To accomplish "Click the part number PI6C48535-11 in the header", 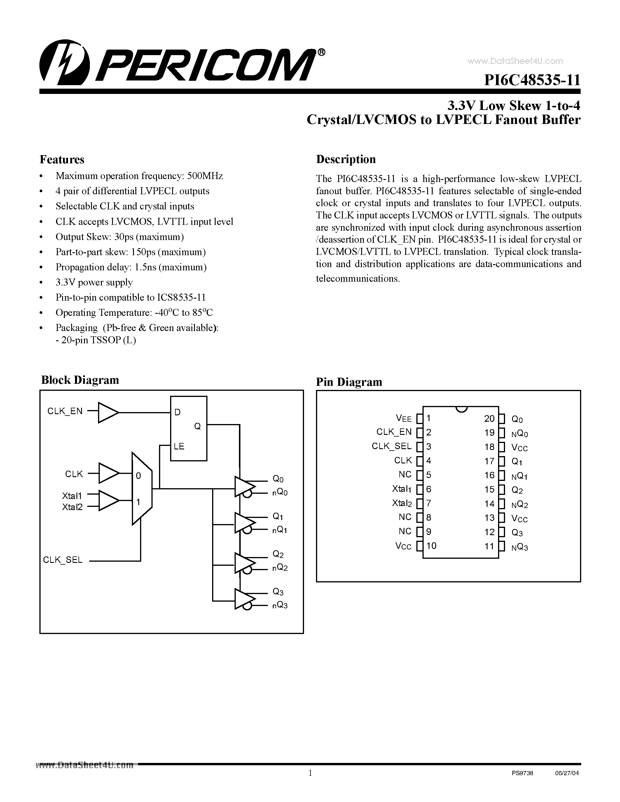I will (532, 80).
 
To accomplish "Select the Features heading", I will (62, 159).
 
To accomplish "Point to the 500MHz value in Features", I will (205, 176).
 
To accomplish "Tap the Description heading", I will (346, 159).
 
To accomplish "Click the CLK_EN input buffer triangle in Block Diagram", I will (108, 412).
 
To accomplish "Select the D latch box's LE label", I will (179, 446).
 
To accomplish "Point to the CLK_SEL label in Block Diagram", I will (63, 560).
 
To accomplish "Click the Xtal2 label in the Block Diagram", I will (72, 507).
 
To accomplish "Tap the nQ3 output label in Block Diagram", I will (280, 605).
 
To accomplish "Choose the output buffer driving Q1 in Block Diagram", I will (244, 523).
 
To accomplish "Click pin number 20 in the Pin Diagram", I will (489, 418).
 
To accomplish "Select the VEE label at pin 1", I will (404, 418).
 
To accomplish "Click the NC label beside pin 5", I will (405, 474).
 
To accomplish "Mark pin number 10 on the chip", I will (431, 546).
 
